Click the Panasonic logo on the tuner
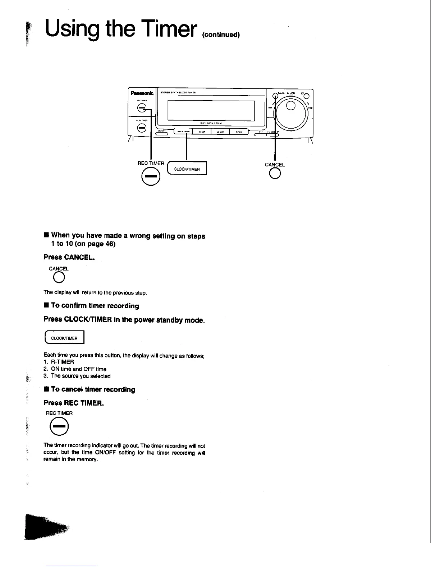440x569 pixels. point(142,93)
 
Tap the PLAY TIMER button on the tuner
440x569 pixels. point(142,128)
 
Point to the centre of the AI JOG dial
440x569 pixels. point(291,106)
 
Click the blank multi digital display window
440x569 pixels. point(211,111)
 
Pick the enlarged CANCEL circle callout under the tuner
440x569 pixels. point(275,174)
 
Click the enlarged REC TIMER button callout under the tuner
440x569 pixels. point(150,177)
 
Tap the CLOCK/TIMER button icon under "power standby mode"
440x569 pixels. point(64,338)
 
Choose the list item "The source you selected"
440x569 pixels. point(81,376)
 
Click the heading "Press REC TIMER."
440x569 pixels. point(74,403)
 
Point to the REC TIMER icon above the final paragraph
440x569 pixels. point(59,427)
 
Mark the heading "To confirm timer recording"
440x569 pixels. point(95,306)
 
